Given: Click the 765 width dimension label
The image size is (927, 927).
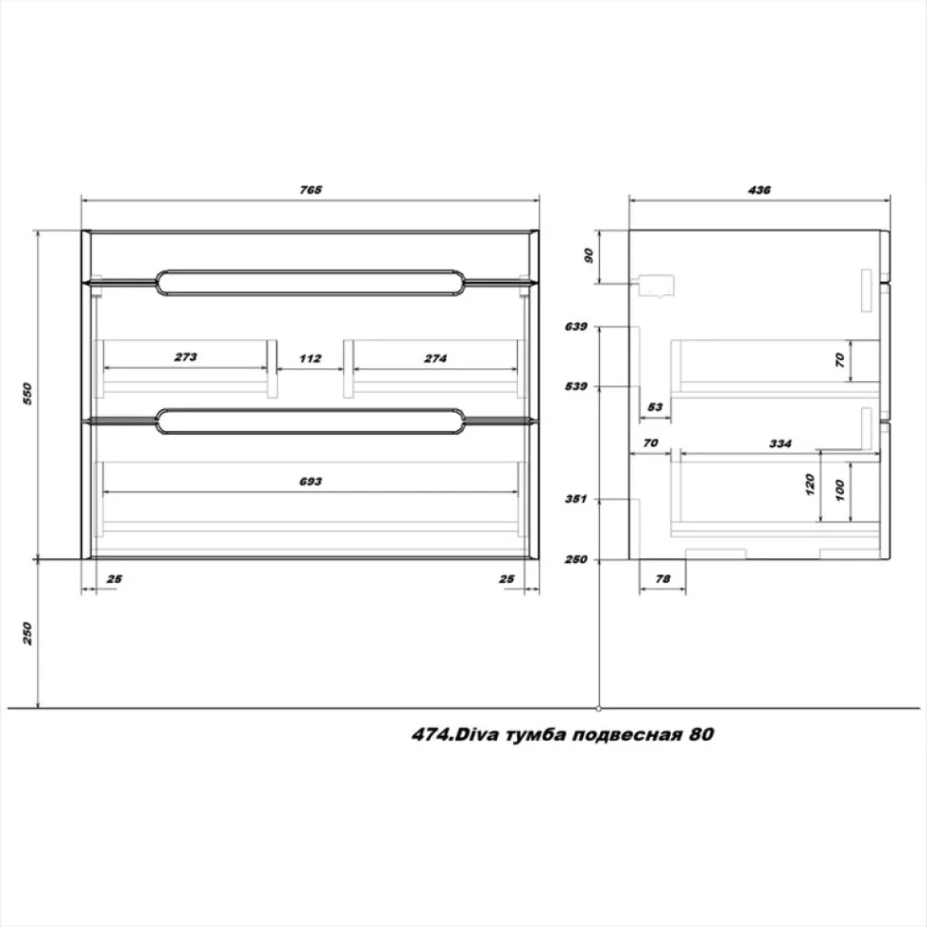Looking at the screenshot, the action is click(x=311, y=190).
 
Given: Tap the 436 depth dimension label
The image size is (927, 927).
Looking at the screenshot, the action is click(x=759, y=190).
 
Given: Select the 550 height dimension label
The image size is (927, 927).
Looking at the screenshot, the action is click(x=27, y=394).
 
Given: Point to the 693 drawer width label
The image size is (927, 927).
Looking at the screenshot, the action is click(x=311, y=482).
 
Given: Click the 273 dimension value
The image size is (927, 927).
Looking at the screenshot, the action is click(x=185, y=357).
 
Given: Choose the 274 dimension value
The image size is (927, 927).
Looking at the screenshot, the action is click(x=435, y=358).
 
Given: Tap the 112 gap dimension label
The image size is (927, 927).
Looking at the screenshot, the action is click(x=311, y=358).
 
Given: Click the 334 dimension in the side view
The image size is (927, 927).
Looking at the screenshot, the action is click(x=781, y=443).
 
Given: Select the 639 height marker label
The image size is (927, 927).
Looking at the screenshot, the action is click(x=576, y=326).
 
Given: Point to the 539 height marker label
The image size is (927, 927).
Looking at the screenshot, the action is click(x=576, y=386).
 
